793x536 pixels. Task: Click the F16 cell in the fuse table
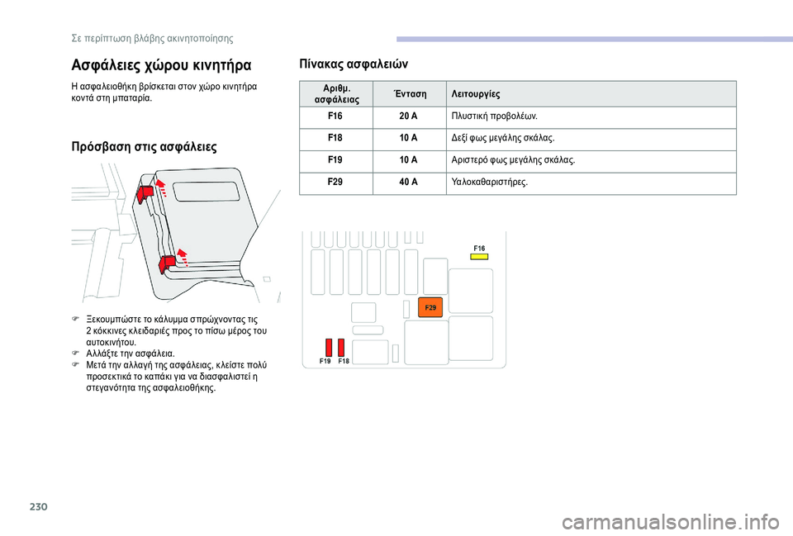click(335, 116)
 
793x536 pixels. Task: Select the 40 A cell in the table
click(408, 181)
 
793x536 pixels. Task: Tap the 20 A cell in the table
click(408, 116)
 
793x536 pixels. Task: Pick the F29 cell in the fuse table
click(335, 181)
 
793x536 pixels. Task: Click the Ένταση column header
click(408, 93)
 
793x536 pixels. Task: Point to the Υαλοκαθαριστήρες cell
click(489, 181)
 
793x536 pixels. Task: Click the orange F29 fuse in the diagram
click(431, 307)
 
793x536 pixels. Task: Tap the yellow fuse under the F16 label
click(479, 257)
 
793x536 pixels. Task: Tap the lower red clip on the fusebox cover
click(166, 263)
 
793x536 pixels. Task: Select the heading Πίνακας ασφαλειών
click(358, 64)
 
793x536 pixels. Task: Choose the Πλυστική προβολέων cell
click(495, 116)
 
